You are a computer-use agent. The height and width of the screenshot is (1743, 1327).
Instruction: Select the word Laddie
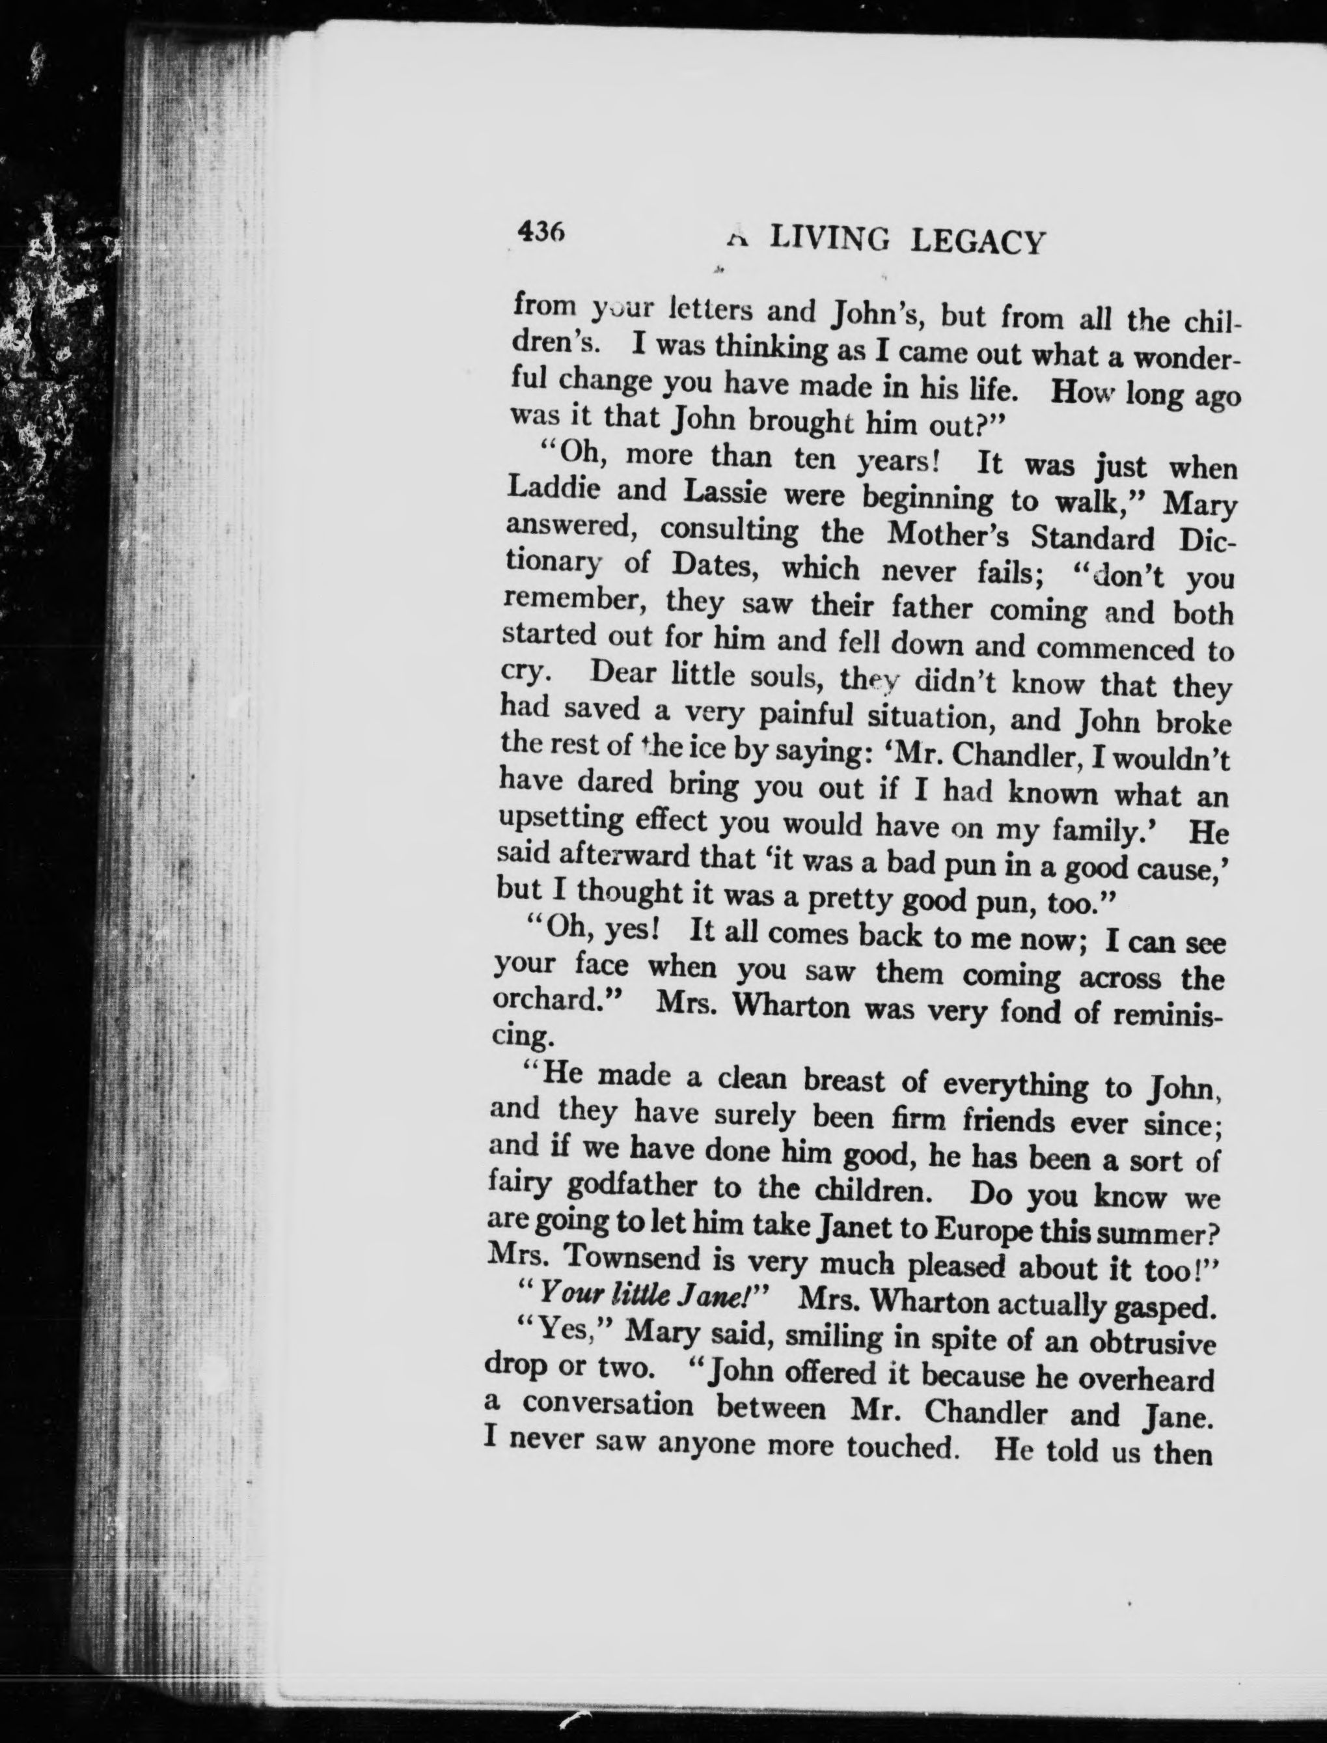(x=553, y=489)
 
